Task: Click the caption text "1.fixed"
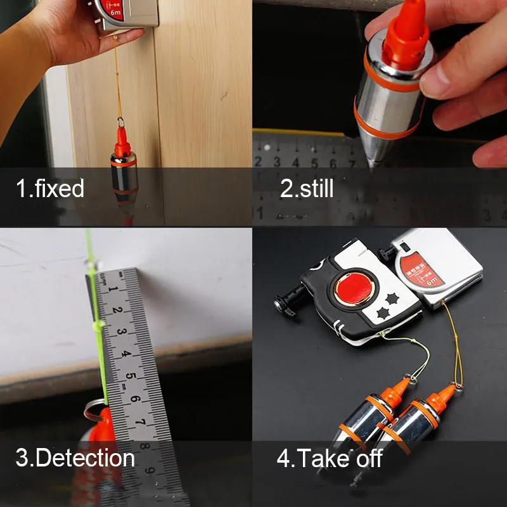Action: click(50, 188)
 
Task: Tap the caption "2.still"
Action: click(307, 188)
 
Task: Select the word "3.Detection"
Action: click(75, 458)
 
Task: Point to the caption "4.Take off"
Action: click(330, 458)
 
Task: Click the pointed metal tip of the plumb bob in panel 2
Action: click(371, 161)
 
